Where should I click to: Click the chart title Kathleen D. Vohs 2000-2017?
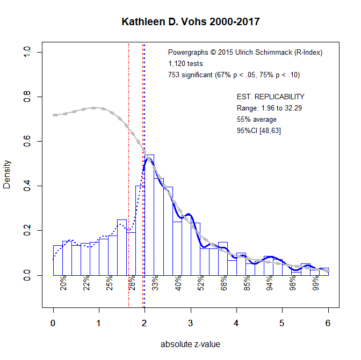click(191, 23)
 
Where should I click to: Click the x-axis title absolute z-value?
click(190, 344)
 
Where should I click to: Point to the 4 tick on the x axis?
click(236, 322)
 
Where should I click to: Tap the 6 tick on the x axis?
click(328, 322)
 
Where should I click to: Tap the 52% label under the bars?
click(201, 283)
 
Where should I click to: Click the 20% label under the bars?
click(63, 283)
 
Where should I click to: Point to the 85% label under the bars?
click(247, 283)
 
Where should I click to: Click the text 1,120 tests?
click(185, 63)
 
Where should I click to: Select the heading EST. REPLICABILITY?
click(270, 97)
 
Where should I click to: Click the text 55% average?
click(256, 120)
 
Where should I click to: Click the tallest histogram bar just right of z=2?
click(149, 215)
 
